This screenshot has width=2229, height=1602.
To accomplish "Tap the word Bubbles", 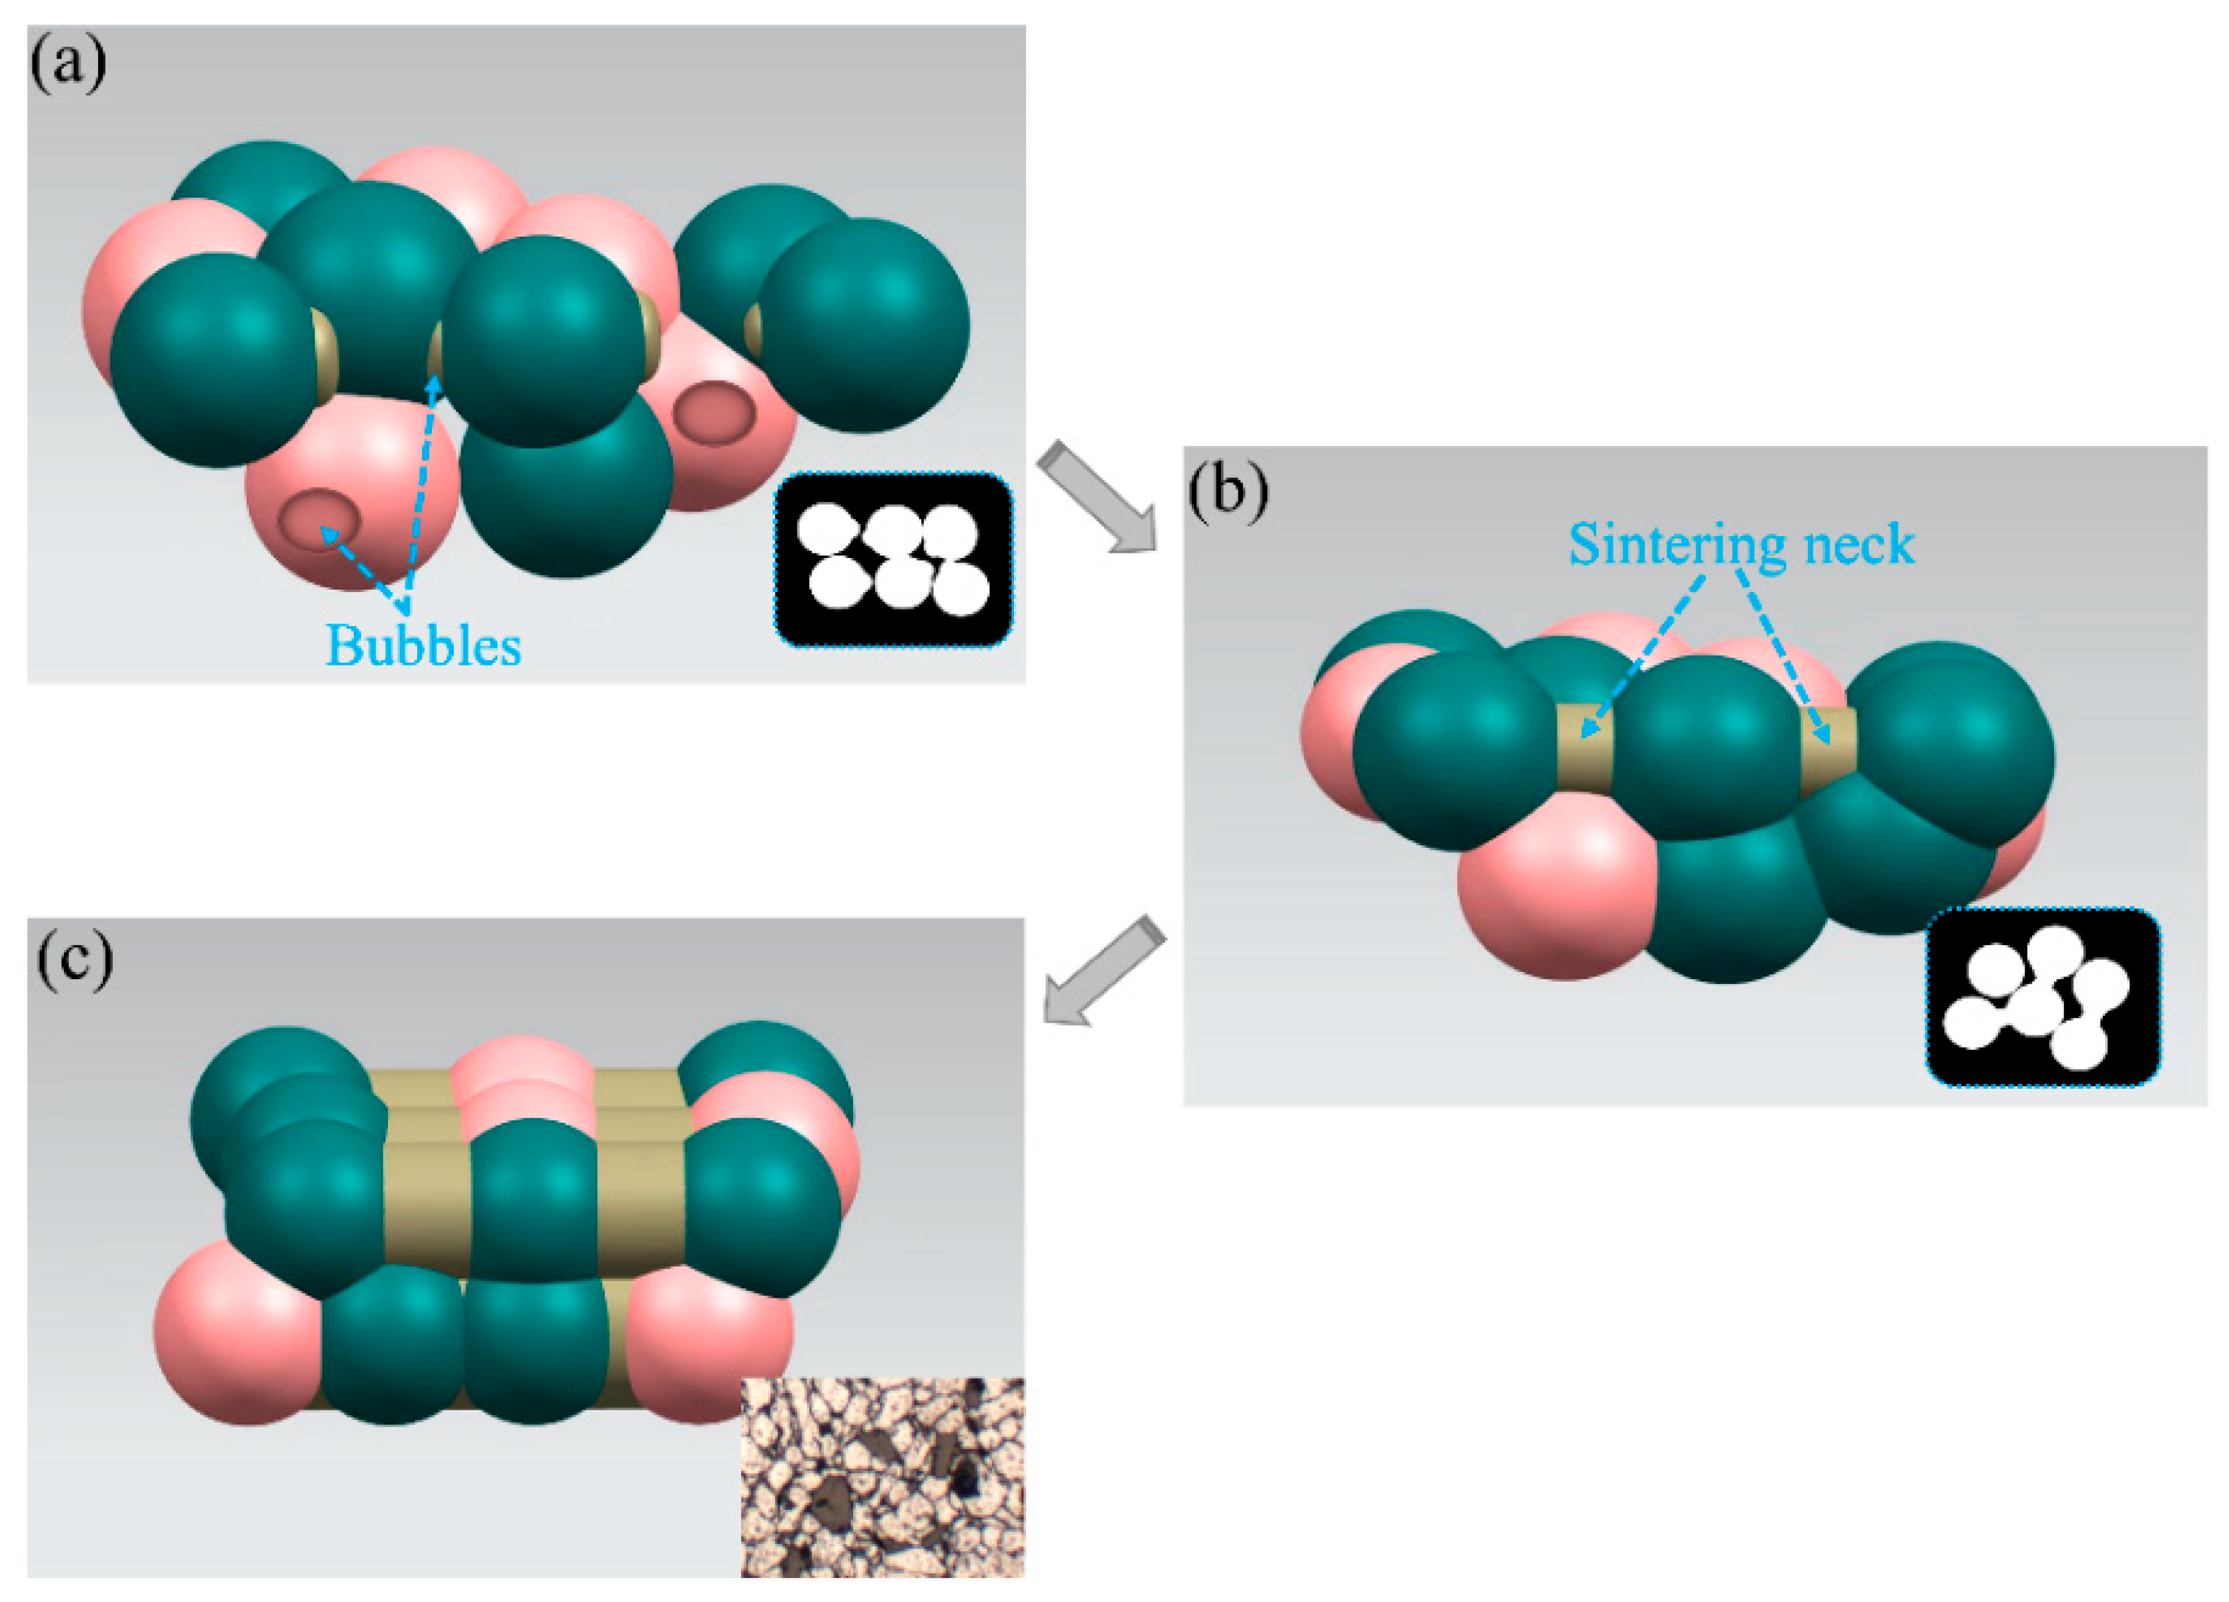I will point(424,645).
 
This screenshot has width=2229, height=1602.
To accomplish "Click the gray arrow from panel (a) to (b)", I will point(1096,497).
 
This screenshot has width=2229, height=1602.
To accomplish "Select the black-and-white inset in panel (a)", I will point(893,560).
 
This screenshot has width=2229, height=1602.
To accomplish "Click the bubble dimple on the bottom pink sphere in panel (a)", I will point(319,519).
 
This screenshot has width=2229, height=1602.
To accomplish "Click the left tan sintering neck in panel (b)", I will point(1584,747).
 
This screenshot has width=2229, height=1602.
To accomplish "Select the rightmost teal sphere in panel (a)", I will point(865,324).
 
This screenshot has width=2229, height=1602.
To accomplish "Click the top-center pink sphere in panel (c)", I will point(521,1076).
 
